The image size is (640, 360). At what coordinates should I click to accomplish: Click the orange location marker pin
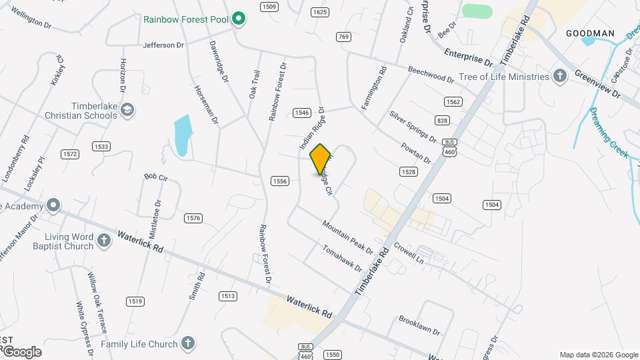[x=321, y=159]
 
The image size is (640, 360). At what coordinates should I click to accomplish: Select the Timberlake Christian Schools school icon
[x=128, y=109]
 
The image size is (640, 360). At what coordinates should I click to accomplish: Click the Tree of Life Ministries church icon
[x=560, y=76]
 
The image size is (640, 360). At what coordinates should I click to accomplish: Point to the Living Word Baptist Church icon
[x=103, y=241]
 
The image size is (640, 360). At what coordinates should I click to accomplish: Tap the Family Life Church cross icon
[x=188, y=344]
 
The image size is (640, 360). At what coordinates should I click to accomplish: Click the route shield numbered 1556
[x=279, y=181]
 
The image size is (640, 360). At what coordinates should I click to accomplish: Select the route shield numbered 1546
[x=301, y=113]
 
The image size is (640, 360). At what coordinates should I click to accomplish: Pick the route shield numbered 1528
[x=409, y=172]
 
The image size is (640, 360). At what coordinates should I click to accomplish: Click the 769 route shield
[x=343, y=37]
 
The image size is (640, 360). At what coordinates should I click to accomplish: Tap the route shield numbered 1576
[x=193, y=218]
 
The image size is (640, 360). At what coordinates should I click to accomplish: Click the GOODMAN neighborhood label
[x=589, y=33]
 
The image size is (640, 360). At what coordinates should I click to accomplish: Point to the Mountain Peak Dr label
[x=347, y=237]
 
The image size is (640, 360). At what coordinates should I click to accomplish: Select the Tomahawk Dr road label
[x=342, y=259]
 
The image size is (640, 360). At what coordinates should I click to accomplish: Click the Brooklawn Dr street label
[x=419, y=325]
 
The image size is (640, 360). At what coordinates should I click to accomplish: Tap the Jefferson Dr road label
[x=163, y=45]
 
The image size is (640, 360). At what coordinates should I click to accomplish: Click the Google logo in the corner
[x=21, y=351]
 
